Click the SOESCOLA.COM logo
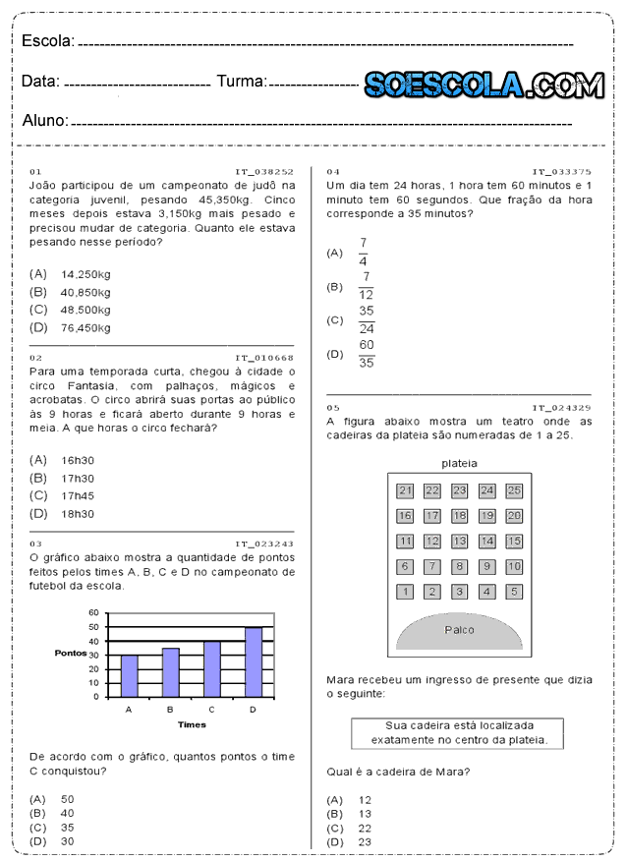484,86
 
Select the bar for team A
129,675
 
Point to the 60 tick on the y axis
94,612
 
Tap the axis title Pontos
71,653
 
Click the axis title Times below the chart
192,724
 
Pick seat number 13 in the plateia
459,541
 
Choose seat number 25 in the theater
514,489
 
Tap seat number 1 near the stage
405,592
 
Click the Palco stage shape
459,632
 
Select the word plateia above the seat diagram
459,463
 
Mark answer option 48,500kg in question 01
85,310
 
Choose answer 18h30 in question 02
77,513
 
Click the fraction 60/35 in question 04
367,354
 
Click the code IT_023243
264,543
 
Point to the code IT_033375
561,170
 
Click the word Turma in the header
241,82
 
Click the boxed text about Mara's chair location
458,732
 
